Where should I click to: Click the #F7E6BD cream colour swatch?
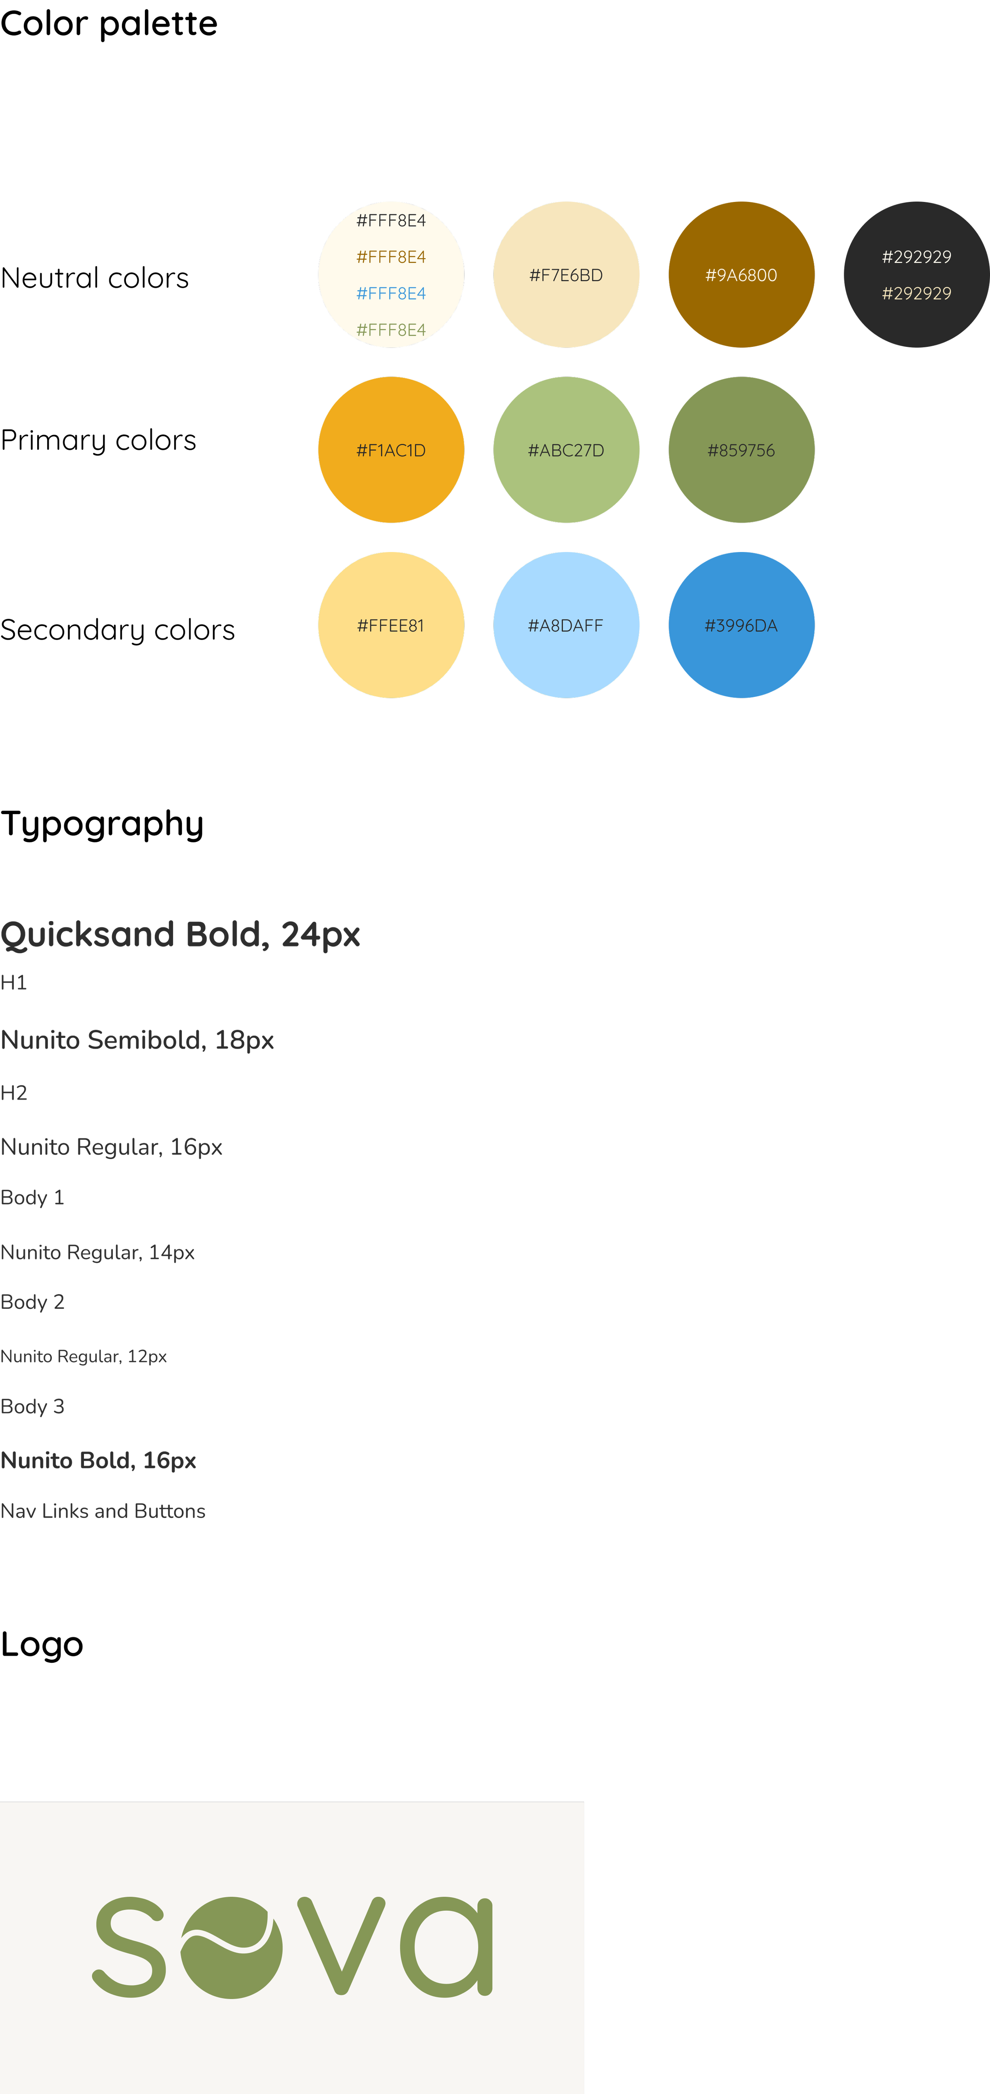point(566,275)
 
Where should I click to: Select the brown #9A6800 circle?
point(741,275)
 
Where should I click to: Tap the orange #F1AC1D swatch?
point(391,449)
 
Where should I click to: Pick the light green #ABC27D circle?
point(566,449)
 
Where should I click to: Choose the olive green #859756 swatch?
point(741,449)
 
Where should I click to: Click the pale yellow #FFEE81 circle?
point(391,625)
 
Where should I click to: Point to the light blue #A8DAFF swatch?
point(566,625)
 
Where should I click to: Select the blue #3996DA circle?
point(741,625)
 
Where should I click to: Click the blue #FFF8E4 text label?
point(391,293)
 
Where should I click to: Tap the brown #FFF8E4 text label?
point(391,257)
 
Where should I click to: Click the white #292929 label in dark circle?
point(916,257)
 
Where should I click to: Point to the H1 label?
point(14,983)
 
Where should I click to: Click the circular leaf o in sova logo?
point(232,1947)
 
